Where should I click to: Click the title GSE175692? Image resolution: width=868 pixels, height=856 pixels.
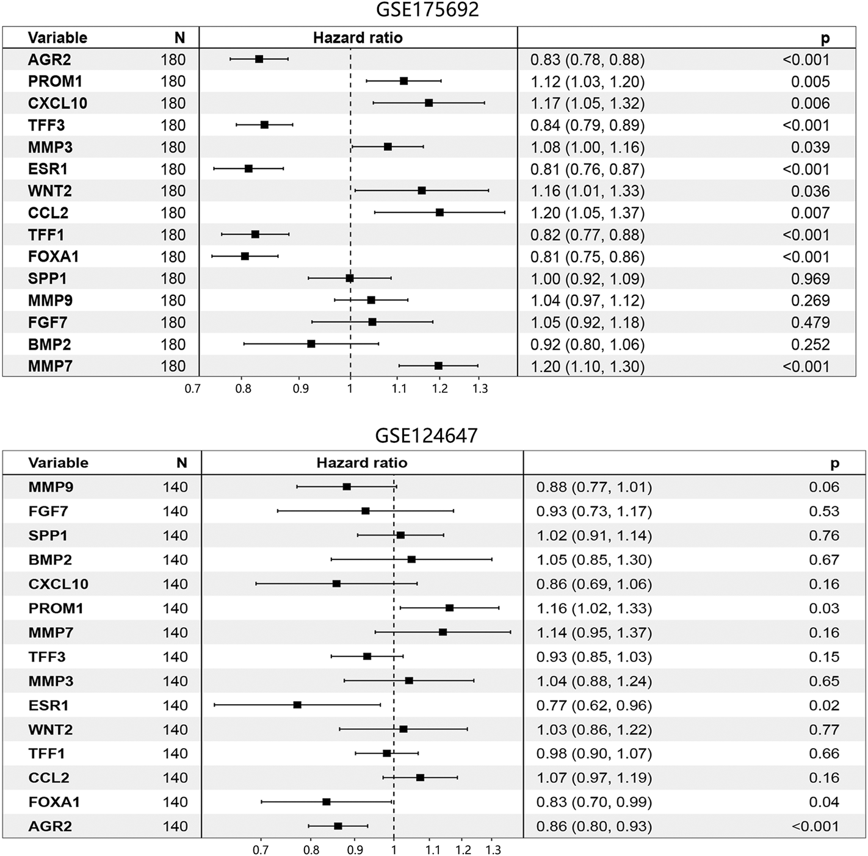click(x=427, y=10)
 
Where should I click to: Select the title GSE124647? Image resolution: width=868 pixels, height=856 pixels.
click(x=426, y=436)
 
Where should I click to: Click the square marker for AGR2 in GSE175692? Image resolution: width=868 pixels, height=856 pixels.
click(x=259, y=59)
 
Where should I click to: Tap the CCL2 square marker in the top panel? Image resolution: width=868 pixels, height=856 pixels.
click(x=439, y=212)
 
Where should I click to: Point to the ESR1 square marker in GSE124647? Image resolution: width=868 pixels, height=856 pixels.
click(x=297, y=705)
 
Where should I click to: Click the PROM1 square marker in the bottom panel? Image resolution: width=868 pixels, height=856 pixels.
click(x=449, y=608)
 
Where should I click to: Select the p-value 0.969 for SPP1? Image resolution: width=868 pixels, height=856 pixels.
click(x=810, y=279)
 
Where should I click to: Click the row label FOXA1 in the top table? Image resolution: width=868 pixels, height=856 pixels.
click(x=53, y=257)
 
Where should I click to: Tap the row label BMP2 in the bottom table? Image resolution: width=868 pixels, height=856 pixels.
click(x=50, y=559)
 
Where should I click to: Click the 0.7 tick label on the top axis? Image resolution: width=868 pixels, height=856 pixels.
click(x=192, y=388)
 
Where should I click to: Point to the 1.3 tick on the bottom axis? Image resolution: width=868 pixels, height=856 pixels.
click(x=493, y=850)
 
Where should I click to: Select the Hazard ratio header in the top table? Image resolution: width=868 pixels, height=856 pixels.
click(x=358, y=38)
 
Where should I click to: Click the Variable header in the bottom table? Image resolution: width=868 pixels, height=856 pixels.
click(x=58, y=463)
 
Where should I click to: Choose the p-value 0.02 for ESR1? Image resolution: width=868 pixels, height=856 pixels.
click(x=824, y=705)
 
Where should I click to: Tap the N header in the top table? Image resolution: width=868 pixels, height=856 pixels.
click(x=179, y=38)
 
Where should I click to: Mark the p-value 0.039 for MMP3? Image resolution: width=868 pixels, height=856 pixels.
click(x=810, y=147)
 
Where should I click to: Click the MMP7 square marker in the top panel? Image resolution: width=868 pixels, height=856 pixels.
click(x=438, y=365)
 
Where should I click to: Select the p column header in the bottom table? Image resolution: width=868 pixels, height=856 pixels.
click(x=834, y=464)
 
